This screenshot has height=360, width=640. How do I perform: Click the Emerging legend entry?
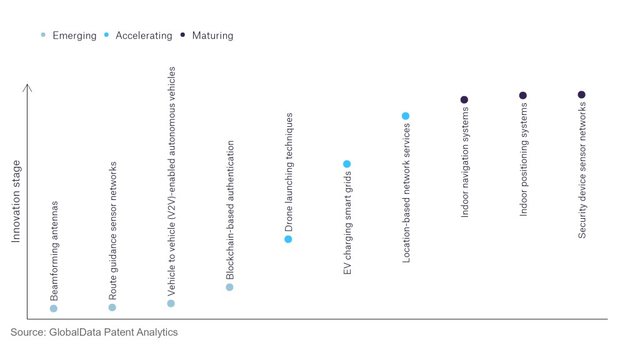[x=69, y=36]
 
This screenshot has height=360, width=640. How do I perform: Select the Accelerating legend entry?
[x=138, y=36]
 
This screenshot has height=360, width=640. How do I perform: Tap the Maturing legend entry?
[x=207, y=36]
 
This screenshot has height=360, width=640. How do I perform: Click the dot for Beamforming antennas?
[x=54, y=308]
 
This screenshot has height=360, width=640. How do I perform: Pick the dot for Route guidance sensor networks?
[x=112, y=307]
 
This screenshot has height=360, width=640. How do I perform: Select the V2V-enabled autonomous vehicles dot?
[x=171, y=303]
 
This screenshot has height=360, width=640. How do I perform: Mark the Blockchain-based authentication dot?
[x=229, y=287]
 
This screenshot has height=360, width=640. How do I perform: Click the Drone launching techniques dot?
[x=288, y=239]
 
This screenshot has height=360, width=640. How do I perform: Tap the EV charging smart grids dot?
[x=347, y=164]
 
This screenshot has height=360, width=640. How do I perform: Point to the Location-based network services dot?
[x=406, y=116]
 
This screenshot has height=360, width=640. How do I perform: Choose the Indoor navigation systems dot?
[x=464, y=99]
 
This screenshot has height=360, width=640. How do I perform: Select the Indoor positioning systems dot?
[x=523, y=95]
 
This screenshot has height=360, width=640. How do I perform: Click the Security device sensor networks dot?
[x=581, y=94]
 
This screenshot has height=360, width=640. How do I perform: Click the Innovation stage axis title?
[x=16, y=201]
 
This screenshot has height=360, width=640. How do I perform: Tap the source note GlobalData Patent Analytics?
[x=94, y=332]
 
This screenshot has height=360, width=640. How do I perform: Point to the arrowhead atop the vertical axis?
[x=27, y=87]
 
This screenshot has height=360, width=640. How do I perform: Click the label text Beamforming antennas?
[x=54, y=250]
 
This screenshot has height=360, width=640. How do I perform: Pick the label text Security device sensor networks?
[x=582, y=170]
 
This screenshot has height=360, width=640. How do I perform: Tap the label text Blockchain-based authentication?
[x=230, y=210]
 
